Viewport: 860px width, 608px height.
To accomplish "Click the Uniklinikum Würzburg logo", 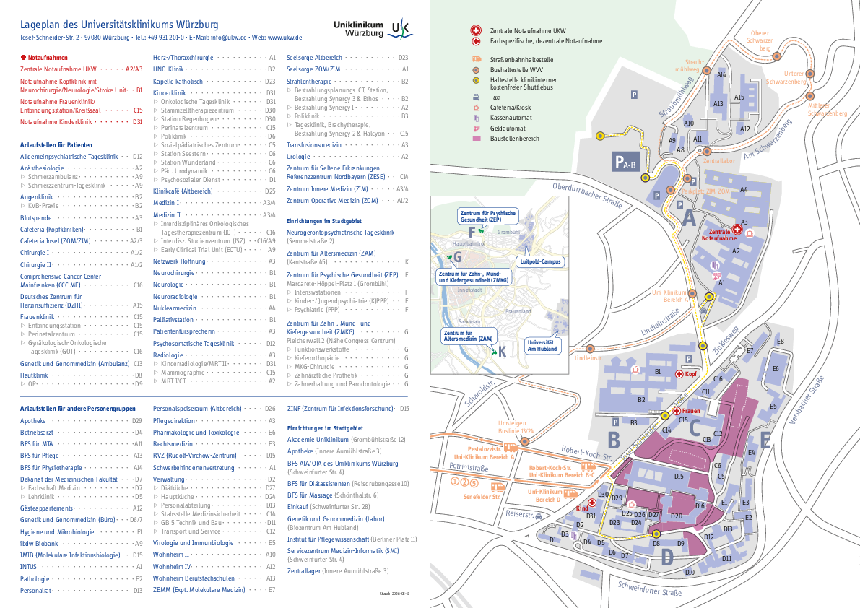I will (372, 28).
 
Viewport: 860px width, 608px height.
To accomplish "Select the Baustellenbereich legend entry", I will (514, 138).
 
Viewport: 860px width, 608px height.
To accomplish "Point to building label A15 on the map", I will (739, 97).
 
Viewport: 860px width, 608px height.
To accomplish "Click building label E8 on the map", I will (780, 341).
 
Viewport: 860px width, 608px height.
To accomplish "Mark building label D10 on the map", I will (690, 571).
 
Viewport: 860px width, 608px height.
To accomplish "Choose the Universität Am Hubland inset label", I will (543, 344).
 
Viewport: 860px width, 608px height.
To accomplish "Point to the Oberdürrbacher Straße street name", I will (586, 195).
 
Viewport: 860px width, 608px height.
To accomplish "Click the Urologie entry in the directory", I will (298, 156).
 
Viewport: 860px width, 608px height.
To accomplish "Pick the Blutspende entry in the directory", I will (36, 217).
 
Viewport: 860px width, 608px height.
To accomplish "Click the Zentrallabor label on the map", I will (718, 161).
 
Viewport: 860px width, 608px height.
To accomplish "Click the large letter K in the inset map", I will (502, 352).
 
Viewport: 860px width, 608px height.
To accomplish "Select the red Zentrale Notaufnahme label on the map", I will (718, 234).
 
